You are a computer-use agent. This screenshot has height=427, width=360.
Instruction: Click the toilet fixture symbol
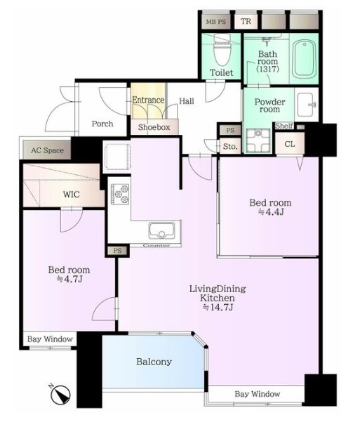(x=222, y=50)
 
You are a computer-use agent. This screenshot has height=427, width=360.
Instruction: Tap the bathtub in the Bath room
(x=305, y=60)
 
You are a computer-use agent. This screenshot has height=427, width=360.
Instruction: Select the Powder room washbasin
(x=307, y=105)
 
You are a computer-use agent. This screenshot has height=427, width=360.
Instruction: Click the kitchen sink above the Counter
(x=161, y=230)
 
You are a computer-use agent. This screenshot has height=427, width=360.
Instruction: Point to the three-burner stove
(x=120, y=194)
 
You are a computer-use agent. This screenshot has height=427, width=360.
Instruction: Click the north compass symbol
(x=60, y=394)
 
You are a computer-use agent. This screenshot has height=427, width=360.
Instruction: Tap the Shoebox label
(x=154, y=127)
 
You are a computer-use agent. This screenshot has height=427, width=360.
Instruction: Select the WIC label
(x=72, y=195)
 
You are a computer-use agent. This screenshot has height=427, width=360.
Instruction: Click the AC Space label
(x=47, y=150)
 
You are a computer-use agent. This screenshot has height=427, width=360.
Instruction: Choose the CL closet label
(x=290, y=144)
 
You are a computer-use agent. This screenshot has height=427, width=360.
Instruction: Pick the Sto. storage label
(x=230, y=147)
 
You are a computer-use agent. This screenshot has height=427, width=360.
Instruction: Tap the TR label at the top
(x=246, y=21)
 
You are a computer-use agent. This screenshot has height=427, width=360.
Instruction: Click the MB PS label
(x=216, y=22)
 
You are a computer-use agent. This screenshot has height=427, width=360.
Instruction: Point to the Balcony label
(x=154, y=362)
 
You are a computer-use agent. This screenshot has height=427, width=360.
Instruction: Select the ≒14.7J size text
(x=218, y=307)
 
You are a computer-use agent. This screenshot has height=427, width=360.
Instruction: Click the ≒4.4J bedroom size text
(x=270, y=211)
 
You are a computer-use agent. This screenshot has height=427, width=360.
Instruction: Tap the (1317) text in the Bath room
(x=268, y=69)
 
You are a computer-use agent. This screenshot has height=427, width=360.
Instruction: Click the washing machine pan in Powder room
(x=258, y=140)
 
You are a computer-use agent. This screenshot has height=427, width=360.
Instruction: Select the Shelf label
(x=284, y=126)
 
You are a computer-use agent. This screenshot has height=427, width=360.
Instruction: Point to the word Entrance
(x=148, y=100)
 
